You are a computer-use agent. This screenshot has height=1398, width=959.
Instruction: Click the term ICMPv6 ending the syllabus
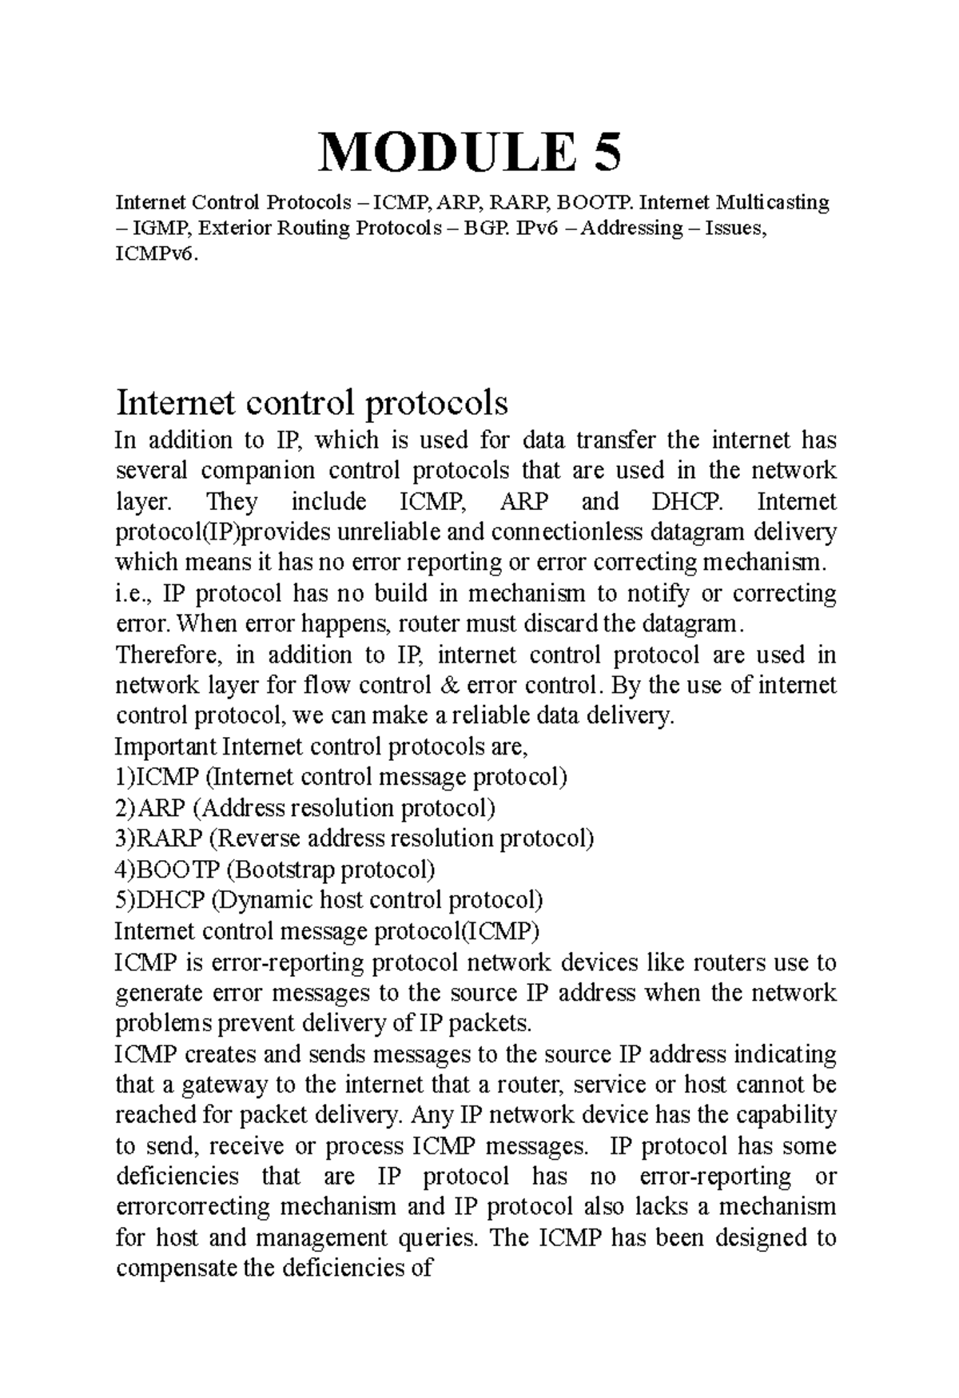pyautogui.click(x=154, y=254)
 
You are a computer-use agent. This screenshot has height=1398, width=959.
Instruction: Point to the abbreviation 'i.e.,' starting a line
pyautogui.click(x=134, y=594)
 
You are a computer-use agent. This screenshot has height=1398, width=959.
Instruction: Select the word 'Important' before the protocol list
pyautogui.click(x=165, y=747)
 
